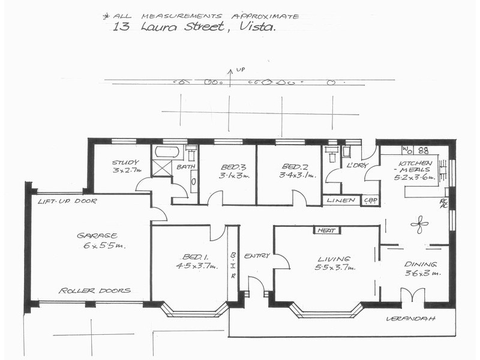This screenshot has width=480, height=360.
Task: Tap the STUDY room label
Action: coord(125,162)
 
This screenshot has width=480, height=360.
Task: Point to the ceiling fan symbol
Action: coord(419,225)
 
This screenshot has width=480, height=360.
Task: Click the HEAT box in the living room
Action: coord(327,230)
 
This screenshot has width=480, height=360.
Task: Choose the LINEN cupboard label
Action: coord(341,200)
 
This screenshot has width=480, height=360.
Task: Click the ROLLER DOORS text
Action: coord(94,290)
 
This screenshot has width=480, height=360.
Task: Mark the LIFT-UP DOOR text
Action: coord(67,201)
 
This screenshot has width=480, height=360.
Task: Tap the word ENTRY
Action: coord(257,256)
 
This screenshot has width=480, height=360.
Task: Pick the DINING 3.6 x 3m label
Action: coord(421,268)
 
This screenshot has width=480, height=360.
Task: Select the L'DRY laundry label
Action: coord(358,165)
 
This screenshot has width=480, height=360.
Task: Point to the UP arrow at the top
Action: coord(230,75)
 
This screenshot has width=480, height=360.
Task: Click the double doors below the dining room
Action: coord(412,295)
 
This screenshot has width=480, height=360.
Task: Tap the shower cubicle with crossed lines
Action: coord(162,167)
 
